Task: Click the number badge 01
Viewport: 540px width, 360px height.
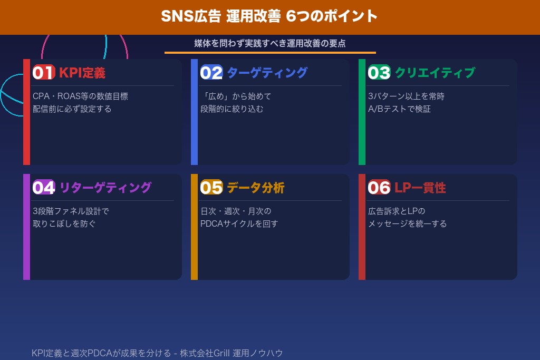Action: (43, 73)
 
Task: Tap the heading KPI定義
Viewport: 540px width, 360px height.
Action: (82, 73)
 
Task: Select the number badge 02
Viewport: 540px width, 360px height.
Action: (211, 73)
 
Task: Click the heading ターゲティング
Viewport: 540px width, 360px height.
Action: (267, 73)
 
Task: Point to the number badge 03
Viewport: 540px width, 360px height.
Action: (379, 73)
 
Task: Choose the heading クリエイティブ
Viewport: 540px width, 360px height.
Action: (435, 73)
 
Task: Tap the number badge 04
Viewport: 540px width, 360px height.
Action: (43, 188)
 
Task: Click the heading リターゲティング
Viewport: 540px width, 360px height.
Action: (105, 188)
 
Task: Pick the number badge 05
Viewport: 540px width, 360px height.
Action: (211, 188)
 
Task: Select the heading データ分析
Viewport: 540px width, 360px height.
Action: (255, 188)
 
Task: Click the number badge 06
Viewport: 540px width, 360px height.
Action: (379, 188)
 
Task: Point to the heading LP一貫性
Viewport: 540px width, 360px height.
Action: (420, 188)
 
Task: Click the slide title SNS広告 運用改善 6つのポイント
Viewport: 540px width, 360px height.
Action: (269, 16)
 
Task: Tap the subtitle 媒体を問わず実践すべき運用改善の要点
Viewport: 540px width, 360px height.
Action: (269, 43)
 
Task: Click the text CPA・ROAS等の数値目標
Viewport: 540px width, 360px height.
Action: (80, 96)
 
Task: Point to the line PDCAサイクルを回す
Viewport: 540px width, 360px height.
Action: (239, 223)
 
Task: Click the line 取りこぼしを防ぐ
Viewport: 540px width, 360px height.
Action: (64, 223)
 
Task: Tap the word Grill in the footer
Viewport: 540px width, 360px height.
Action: (221, 353)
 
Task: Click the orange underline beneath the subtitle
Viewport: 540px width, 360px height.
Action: (270, 53)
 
